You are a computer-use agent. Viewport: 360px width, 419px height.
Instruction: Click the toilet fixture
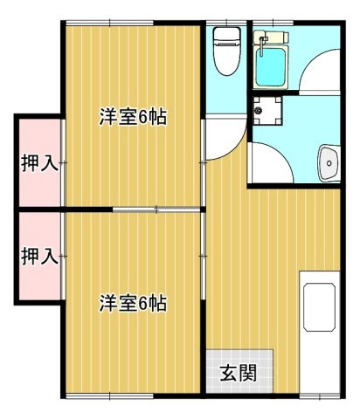pyautogui.click(x=226, y=52)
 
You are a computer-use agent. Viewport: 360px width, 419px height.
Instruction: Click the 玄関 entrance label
pyautogui.click(x=238, y=374)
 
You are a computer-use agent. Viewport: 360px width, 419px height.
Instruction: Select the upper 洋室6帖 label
pyautogui.click(x=132, y=115)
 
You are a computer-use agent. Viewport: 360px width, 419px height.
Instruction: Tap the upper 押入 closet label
pyautogui.click(x=39, y=163)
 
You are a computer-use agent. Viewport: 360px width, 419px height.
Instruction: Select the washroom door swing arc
pyautogui.click(x=273, y=161)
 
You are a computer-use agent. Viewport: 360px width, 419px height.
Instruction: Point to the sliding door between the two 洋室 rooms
pyautogui.click(x=157, y=209)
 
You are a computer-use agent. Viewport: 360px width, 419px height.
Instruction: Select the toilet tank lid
pyautogui.click(x=226, y=36)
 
